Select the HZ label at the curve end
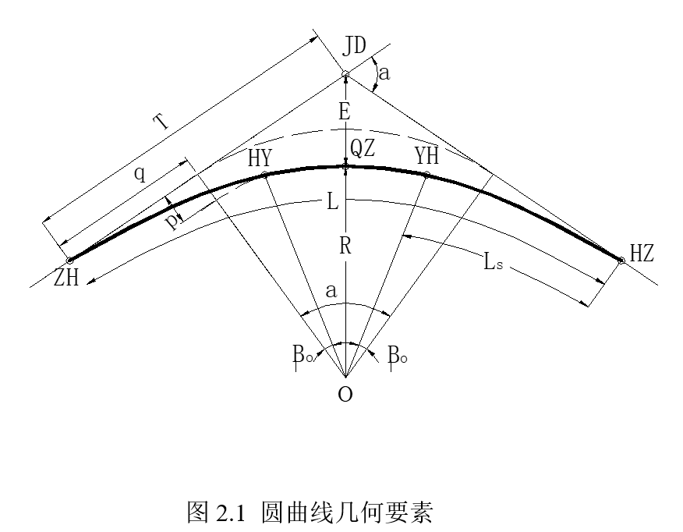point(642,253)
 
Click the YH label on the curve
point(426,156)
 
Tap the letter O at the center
point(345,395)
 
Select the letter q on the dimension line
point(139,173)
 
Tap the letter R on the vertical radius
point(344,247)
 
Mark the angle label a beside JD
point(384,75)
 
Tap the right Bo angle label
point(397,356)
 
